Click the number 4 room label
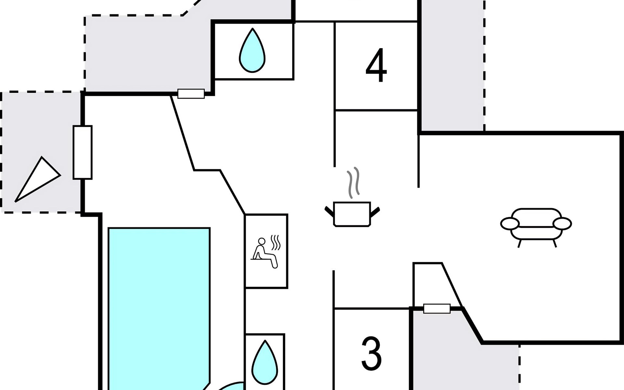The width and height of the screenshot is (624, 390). point(376,66)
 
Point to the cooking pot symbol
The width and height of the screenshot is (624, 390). point(352,214)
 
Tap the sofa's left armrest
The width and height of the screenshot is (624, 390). point(510,224)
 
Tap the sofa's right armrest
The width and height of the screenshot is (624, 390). point(562,224)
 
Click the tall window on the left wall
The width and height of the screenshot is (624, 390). point(83,152)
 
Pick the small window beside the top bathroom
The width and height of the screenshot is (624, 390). point(191,94)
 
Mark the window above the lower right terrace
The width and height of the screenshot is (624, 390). point(437,308)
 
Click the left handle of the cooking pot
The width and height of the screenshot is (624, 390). point(329,211)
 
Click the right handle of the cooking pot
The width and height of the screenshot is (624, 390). point(375,211)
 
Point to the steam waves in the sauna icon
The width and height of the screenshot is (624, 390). point(276,242)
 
